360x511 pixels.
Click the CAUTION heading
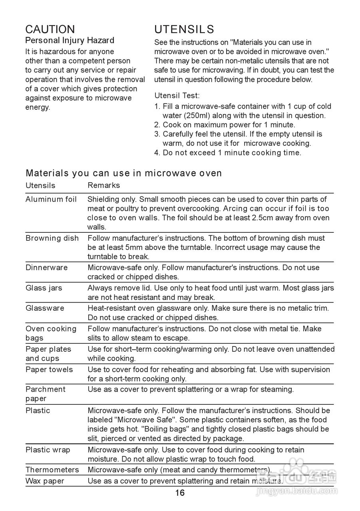[50, 29]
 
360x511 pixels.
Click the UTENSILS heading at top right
[184, 29]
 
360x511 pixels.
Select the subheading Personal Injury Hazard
[70, 40]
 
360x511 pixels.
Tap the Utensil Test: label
[177, 95]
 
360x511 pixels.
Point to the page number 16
[180, 493]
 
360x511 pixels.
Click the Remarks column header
[103, 185]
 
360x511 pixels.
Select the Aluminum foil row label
[51, 199]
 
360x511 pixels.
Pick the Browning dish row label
[52, 238]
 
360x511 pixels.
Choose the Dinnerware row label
[47, 267]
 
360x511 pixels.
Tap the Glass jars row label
[44, 288]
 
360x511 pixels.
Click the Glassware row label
[45, 308]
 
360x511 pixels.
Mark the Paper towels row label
[49, 369]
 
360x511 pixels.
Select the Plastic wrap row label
[48, 450]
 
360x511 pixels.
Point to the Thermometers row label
[52, 469]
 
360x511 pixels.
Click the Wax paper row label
[45, 481]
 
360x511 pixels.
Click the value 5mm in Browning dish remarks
[121, 248]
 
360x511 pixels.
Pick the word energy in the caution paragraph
[38, 107]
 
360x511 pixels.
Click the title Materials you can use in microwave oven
[124, 173]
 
